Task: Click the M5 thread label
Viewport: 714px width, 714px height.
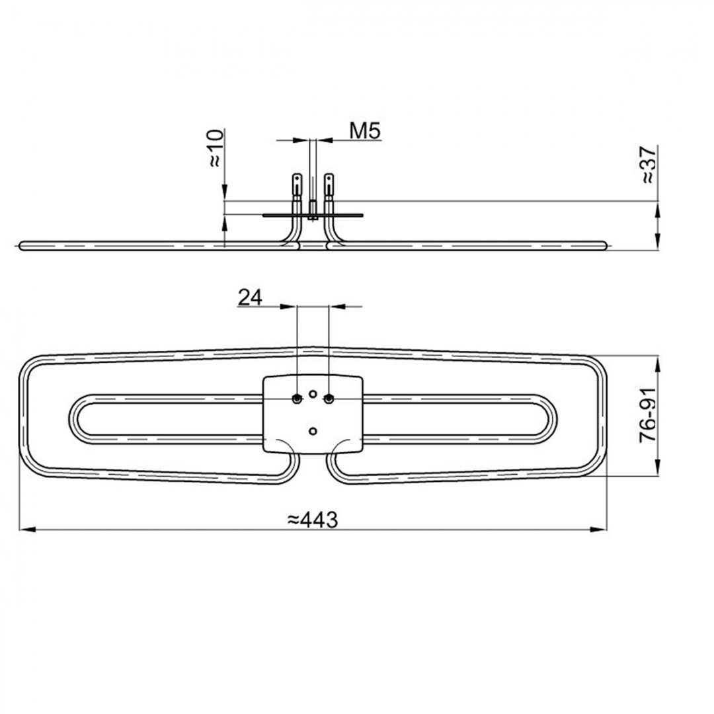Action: click(x=365, y=131)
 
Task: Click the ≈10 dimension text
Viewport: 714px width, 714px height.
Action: click(x=216, y=148)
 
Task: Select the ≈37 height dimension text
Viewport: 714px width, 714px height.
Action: click(x=648, y=165)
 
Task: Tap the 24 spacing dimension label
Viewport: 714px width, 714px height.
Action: click(x=251, y=297)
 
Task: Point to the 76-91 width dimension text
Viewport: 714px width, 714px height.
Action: click(x=648, y=415)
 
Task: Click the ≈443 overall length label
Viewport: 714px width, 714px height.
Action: click(x=313, y=520)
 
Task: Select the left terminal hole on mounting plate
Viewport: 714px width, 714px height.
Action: click(x=296, y=399)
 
